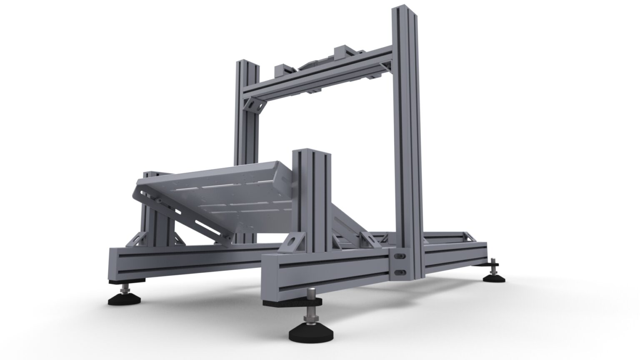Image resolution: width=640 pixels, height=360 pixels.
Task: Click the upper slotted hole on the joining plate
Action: tap(400, 254)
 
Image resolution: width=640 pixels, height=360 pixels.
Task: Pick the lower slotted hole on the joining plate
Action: tap(400, 272)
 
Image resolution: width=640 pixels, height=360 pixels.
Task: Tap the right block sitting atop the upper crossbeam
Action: tap(344, 50)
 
